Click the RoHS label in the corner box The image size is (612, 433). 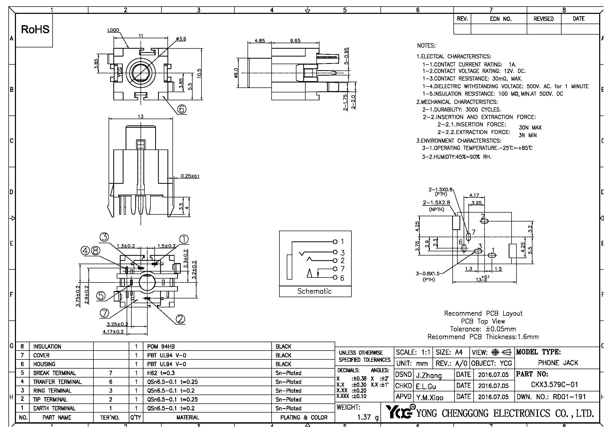click(x=35, y=29)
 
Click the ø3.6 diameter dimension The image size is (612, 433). click(x=181, y=39)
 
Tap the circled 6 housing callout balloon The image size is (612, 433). click(x=182, y=109)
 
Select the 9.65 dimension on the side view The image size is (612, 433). click(x=295, y=41)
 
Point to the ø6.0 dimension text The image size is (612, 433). click(x=236, y=73)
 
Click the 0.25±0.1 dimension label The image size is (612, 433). click(x=190, y=176)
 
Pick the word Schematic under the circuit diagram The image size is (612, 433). click(x=315, y=291)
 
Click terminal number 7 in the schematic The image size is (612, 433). click(x=342, y=269)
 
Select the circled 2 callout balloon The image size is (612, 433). click(x=180, y=319)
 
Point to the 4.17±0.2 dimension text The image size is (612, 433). click(x=113, y=332)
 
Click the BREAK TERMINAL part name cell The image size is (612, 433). click(x=55, y=373)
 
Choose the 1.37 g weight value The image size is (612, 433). click(x=368, y=417)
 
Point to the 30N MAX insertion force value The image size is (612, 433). click(x=530, y=128)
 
